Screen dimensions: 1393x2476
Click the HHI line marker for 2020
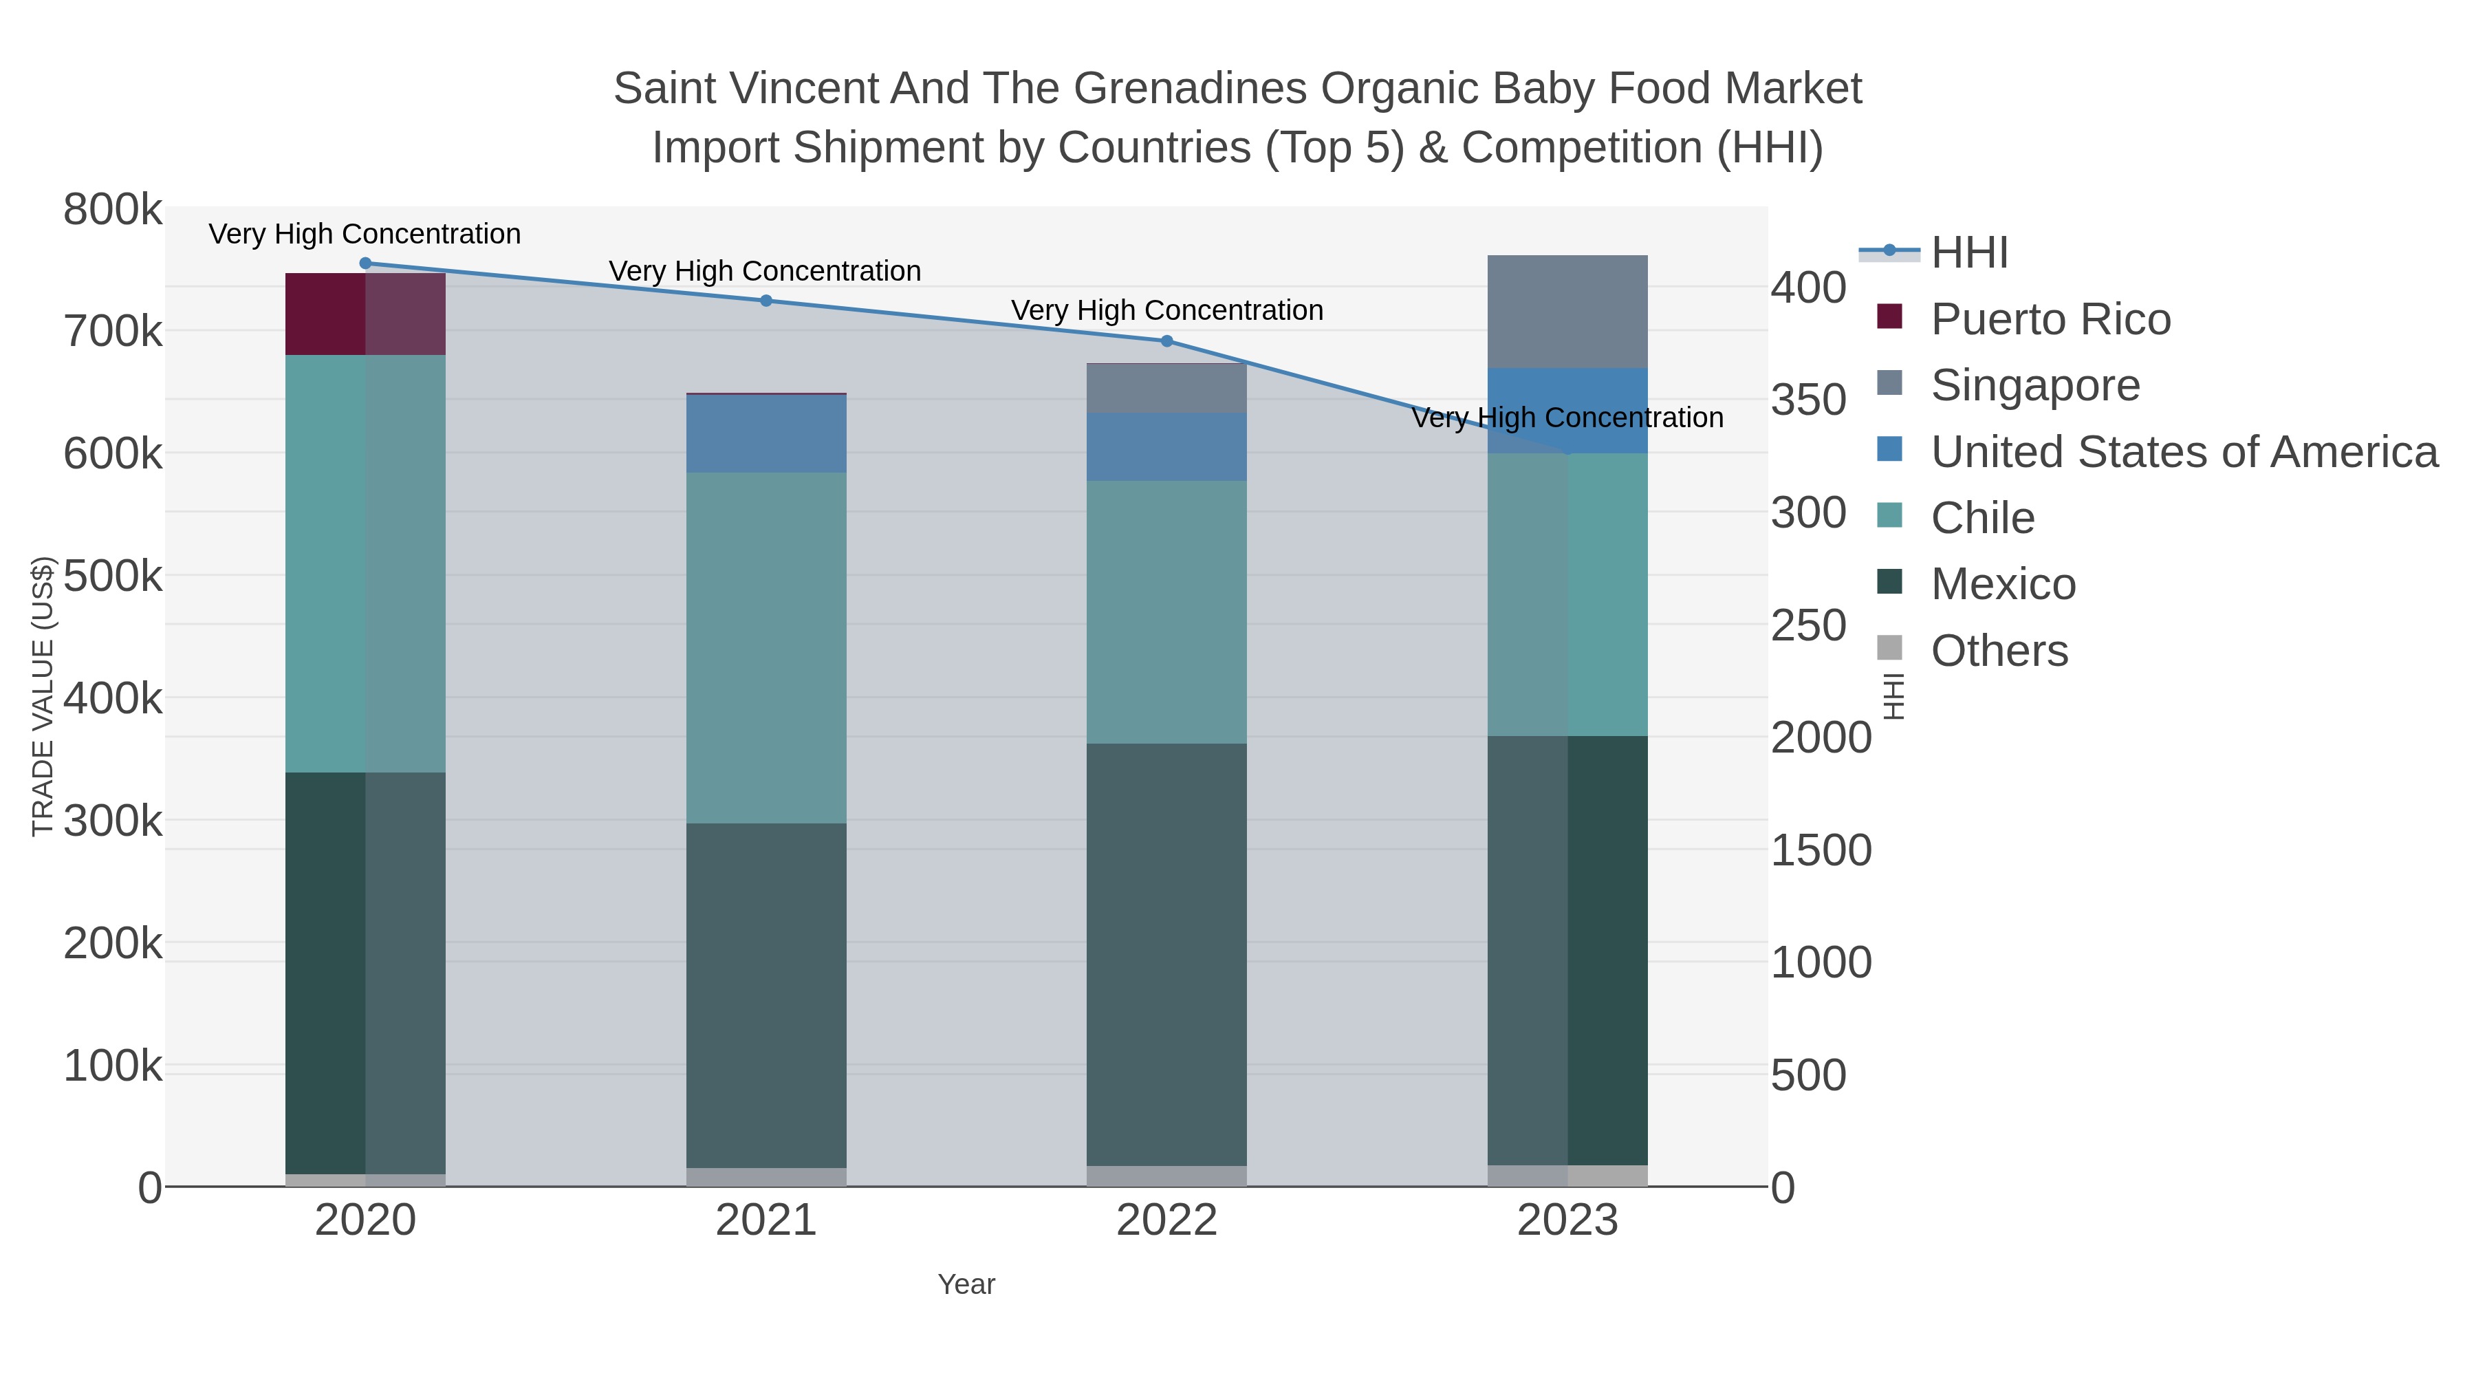365,263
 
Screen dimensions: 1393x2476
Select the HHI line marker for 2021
766,301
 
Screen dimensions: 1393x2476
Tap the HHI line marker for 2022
1167,341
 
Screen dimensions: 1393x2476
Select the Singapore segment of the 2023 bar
1567,312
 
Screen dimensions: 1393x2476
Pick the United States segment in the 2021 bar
766,433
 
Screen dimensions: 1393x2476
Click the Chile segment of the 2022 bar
1167,612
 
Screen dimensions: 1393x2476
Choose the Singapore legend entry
2035,385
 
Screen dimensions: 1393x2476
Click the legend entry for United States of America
2183,452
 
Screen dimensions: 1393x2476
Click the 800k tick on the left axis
113,210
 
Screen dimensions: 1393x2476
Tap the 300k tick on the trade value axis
113,821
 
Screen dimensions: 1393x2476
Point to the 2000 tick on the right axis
1821,737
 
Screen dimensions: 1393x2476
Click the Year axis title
966,1284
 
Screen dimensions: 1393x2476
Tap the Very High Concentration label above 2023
1567,418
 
